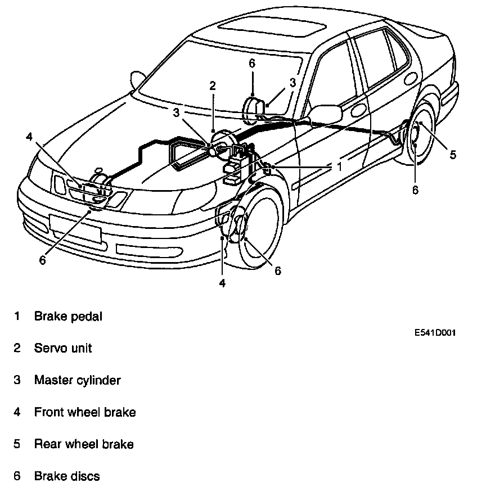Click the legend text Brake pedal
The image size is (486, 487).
(68, 316)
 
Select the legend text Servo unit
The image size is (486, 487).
(63, 348)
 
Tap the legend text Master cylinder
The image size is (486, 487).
(77, 380)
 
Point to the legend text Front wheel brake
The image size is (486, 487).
(85, 412)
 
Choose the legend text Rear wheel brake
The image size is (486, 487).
(84, 444)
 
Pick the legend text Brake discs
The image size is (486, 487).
(67, 476)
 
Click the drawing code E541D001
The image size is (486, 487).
(435, 333)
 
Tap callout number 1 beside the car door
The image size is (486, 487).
(339, 166)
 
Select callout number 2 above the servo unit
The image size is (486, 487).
(212, 85)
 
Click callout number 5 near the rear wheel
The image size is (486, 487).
(453, 155)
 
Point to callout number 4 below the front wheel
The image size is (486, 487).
(222, 283)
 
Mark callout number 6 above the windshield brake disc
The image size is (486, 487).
(252, 63)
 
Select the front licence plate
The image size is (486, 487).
(75, 228)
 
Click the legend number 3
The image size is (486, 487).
(17, 380)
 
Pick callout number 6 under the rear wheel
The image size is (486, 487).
(415, 190)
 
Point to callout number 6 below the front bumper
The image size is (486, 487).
(42, 260)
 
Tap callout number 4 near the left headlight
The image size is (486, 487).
(29, 136)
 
